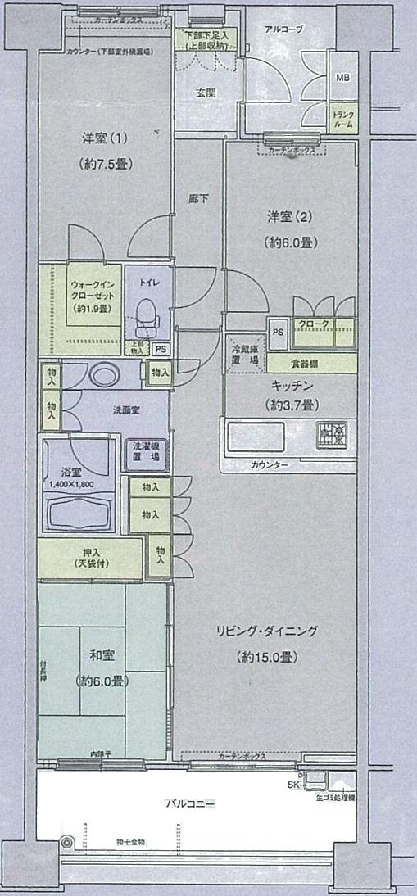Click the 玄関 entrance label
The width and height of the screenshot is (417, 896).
206,93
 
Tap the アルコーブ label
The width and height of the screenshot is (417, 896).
283,29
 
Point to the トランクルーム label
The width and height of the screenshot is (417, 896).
342,120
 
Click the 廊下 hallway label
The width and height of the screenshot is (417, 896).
197,198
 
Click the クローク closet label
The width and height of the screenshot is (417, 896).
314,324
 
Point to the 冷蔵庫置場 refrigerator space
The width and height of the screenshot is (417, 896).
244,355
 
